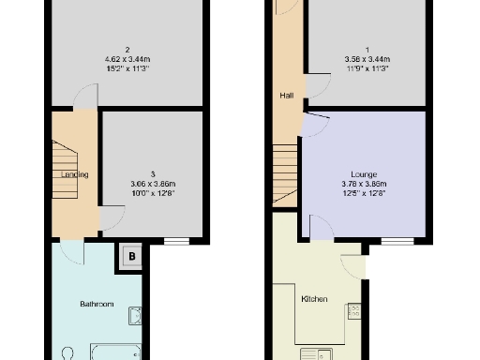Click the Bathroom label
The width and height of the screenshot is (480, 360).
pos(97,304)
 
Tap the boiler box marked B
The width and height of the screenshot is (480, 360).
pos(132,255)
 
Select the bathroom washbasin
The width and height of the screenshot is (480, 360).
pos(135,315)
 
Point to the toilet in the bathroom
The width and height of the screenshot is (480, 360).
pos(66,354)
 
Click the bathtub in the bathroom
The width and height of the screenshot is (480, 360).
pos(114,352)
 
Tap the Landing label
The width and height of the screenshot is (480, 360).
pos(75,174)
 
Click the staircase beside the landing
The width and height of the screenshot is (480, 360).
pos(63,169)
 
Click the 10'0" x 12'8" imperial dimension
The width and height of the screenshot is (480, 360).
pos(152,194)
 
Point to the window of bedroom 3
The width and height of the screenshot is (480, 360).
pos(176,241)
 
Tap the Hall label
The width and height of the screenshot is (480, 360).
pos(286,96)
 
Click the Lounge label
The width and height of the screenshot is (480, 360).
pos(364,174)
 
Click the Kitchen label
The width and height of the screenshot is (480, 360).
pos(314,299)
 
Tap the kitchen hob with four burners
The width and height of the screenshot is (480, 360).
pos(353,310)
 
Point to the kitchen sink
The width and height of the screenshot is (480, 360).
pos(316,353)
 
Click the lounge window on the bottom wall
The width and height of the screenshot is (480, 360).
pos(396,241)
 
